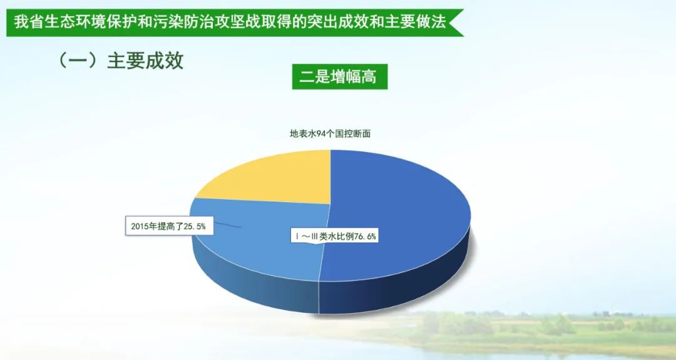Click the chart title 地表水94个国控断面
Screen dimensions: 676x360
click(x=330, y=133)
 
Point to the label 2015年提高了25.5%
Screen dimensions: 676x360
click(x=168, y=226)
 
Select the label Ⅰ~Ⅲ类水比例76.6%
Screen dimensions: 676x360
click(x=335, y=236)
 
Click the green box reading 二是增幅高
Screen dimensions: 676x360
click(x=340, y=77)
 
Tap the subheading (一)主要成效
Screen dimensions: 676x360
click(x=120, y=61)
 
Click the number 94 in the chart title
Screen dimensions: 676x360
click(x=321, y=133)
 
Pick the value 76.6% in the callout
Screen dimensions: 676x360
click(x=365, y=236)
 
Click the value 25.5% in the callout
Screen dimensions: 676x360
click(x=195, y=226)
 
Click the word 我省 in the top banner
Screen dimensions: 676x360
click(x=22, y=21)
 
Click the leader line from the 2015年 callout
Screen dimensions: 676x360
click(x=227, y=225)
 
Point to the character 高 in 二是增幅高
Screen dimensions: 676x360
click(x=369, y=77)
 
